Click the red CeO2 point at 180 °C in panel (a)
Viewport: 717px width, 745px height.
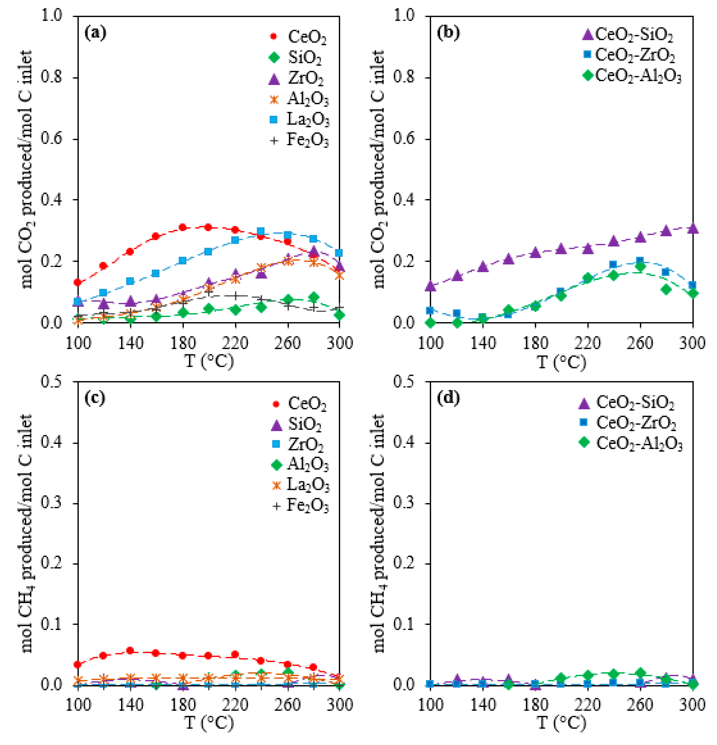click(x=183, y=227)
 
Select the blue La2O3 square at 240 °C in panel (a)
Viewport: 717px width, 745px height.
click(x=260, y=231)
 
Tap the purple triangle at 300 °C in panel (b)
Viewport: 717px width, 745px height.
click(x=693, y=228)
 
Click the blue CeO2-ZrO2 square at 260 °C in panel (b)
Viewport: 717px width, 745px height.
click(x=640, y=261)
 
